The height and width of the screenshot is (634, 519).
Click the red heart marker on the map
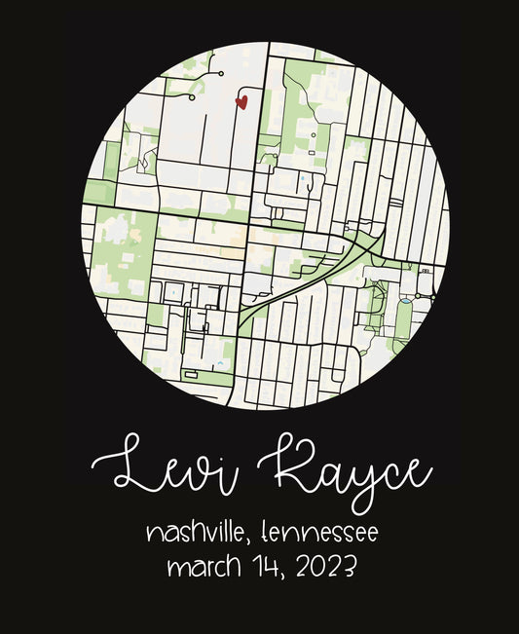tap(242, 100)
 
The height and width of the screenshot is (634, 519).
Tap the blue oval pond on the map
tap(404, 302)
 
